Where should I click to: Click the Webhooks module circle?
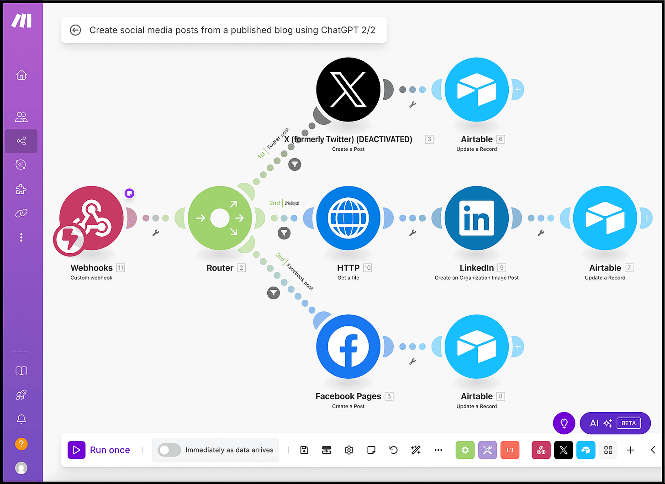click(91, 218)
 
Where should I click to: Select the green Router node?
click(220, 218)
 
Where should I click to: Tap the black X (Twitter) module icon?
click(348, 90)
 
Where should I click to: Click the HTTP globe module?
click(348, 218)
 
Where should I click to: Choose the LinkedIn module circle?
click(476, 218)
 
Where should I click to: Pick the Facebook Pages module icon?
click(348, 346)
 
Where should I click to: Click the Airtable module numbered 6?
click(476, 90)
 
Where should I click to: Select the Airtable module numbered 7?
click(605, 218)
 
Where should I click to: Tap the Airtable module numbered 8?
click(476, 346)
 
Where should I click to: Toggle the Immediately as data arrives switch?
click(169, 450)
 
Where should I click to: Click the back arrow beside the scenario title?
click(75, 30)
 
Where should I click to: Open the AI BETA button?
click(615, 423)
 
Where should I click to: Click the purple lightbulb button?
click(564, 423)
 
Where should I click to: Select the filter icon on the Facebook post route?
click(274, 293)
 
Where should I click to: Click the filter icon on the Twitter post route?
click(295, 165)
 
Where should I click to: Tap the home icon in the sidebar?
click(21, 75)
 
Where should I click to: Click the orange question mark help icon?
click(21, 443)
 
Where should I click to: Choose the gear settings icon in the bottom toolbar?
click(349, 450)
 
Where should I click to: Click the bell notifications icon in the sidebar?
click(21, 419)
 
